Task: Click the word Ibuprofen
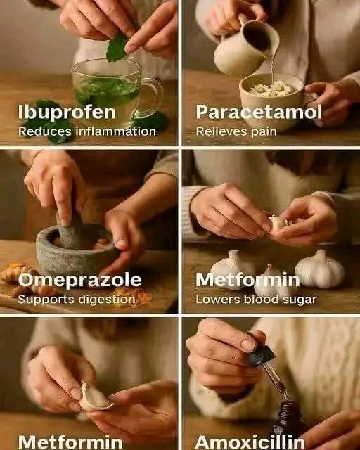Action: click(x=67, y=112)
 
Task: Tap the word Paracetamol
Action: click(x=259, y=112)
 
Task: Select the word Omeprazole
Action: click(x=79, y=280)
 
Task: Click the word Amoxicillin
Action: click(x=250, y=442)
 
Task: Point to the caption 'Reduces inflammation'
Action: click(x=87, y=131)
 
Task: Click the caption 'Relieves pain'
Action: click(x=236, y=131)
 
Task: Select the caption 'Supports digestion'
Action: click(x=77, y=300)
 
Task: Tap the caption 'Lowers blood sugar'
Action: click(x=256, y=300)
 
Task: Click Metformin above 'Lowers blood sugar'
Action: click(x=247, y=280)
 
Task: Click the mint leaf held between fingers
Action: click(x=116, y=49)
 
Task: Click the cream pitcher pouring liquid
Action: click(x=245, y=46)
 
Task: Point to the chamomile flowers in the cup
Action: click(x=271, y=89)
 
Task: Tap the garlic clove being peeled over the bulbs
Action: click(x=277, y=224)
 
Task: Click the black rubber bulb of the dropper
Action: click(x=261, y=355)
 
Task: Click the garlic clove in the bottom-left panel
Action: click(x=94, y=397)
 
